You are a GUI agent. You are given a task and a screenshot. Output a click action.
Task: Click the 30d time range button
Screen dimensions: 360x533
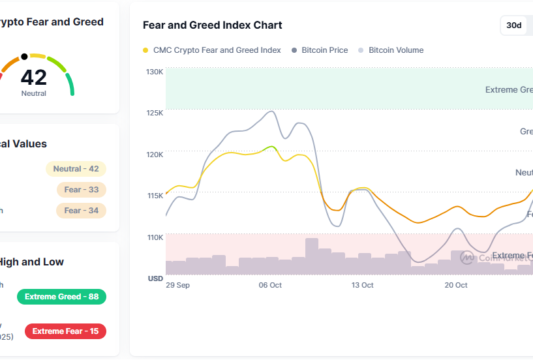click(514, 25)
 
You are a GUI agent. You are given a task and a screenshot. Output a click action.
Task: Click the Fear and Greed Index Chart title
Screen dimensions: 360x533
click(213, 25)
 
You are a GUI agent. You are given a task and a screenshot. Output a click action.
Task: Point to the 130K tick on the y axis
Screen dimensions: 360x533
click(155, 72)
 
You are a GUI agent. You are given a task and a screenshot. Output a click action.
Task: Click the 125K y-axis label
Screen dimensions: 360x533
click(155, 113)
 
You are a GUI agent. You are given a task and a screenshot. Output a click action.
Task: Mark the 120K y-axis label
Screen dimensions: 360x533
click(155, 155)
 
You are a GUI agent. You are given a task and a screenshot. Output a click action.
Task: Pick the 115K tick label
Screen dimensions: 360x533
click(155, 196)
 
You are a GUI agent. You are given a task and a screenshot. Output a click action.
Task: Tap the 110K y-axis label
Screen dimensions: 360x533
click(155, 237)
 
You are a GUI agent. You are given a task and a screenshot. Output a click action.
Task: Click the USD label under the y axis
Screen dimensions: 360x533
click(155, 278)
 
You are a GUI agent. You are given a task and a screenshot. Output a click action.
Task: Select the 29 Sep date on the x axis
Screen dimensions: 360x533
click(177, 285)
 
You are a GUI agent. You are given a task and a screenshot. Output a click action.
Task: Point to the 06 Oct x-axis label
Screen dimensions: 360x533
click(270, 285)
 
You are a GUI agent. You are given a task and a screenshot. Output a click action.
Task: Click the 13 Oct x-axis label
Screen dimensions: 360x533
click(362, 285)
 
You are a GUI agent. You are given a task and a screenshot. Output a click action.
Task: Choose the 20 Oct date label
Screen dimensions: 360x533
click(456, 285)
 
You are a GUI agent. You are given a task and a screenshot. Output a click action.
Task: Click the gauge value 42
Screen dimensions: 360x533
click(34, 78)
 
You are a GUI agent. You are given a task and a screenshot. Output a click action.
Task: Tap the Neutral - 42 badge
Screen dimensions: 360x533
click(76, 169)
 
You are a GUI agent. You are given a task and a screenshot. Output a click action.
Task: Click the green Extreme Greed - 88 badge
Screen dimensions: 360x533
click(61, 297)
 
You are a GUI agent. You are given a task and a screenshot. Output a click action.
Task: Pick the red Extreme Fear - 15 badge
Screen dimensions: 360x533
click(65, 331)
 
